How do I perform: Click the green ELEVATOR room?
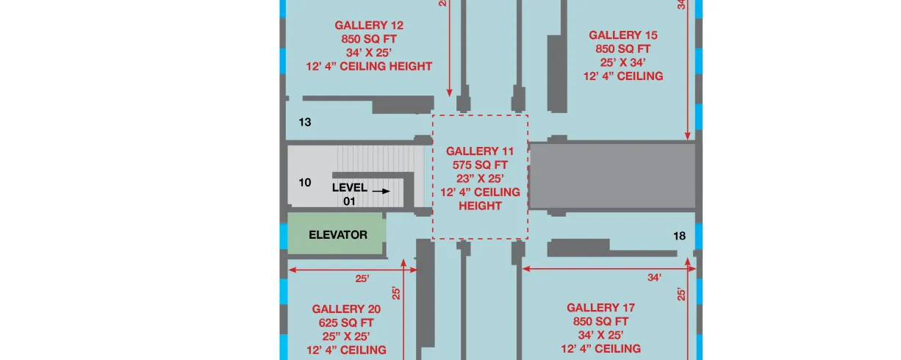[x=335, y=234]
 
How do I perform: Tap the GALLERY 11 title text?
[x=480, y=151]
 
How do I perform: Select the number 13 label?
[x=305, y=122]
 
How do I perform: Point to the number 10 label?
[x=305, y=183]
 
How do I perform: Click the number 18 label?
[x=679, y=236]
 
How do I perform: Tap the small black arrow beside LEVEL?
[x=381, y=191]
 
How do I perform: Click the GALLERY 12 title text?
[x=369, y=25]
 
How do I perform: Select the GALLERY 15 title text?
[x=623, y=35]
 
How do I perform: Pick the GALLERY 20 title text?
[x=346, y=309]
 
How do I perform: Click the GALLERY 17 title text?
[x=601, y=308]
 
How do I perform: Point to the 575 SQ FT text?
[x=480, y=165]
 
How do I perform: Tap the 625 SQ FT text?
[x=346, y=323]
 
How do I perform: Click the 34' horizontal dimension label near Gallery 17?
[x=654, y=277]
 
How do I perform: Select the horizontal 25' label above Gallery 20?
[x=362, y=278]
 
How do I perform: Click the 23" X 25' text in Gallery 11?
[x=480, y=179]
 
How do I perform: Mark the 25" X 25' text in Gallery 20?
[x=346, y=336]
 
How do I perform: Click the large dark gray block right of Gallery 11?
[x=613, y=176]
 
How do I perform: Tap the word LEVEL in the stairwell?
[x=350, y=187]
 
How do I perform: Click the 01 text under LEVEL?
[x=349, y=201]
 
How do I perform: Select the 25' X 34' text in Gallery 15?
[x=623, y=62]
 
